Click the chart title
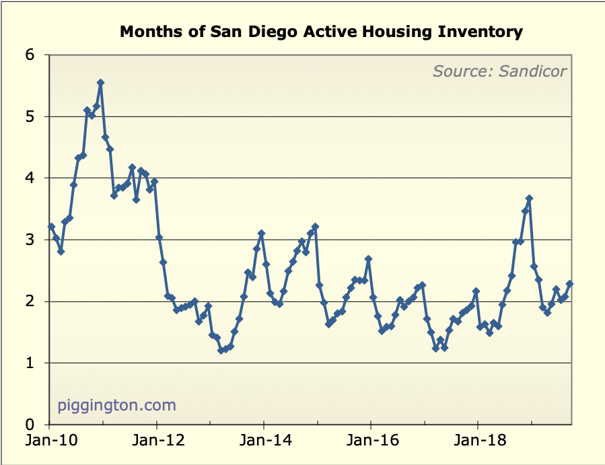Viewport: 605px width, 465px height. click(x=321, y=31)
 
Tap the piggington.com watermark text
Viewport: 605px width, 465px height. click(x=116, y=405)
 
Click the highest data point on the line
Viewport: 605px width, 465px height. click(x=100, y=83)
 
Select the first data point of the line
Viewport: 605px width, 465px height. click(x=51, y=227)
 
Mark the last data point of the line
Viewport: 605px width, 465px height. click(x=569, y=284)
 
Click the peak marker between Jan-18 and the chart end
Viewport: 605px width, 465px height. click(x=529, y=199)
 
